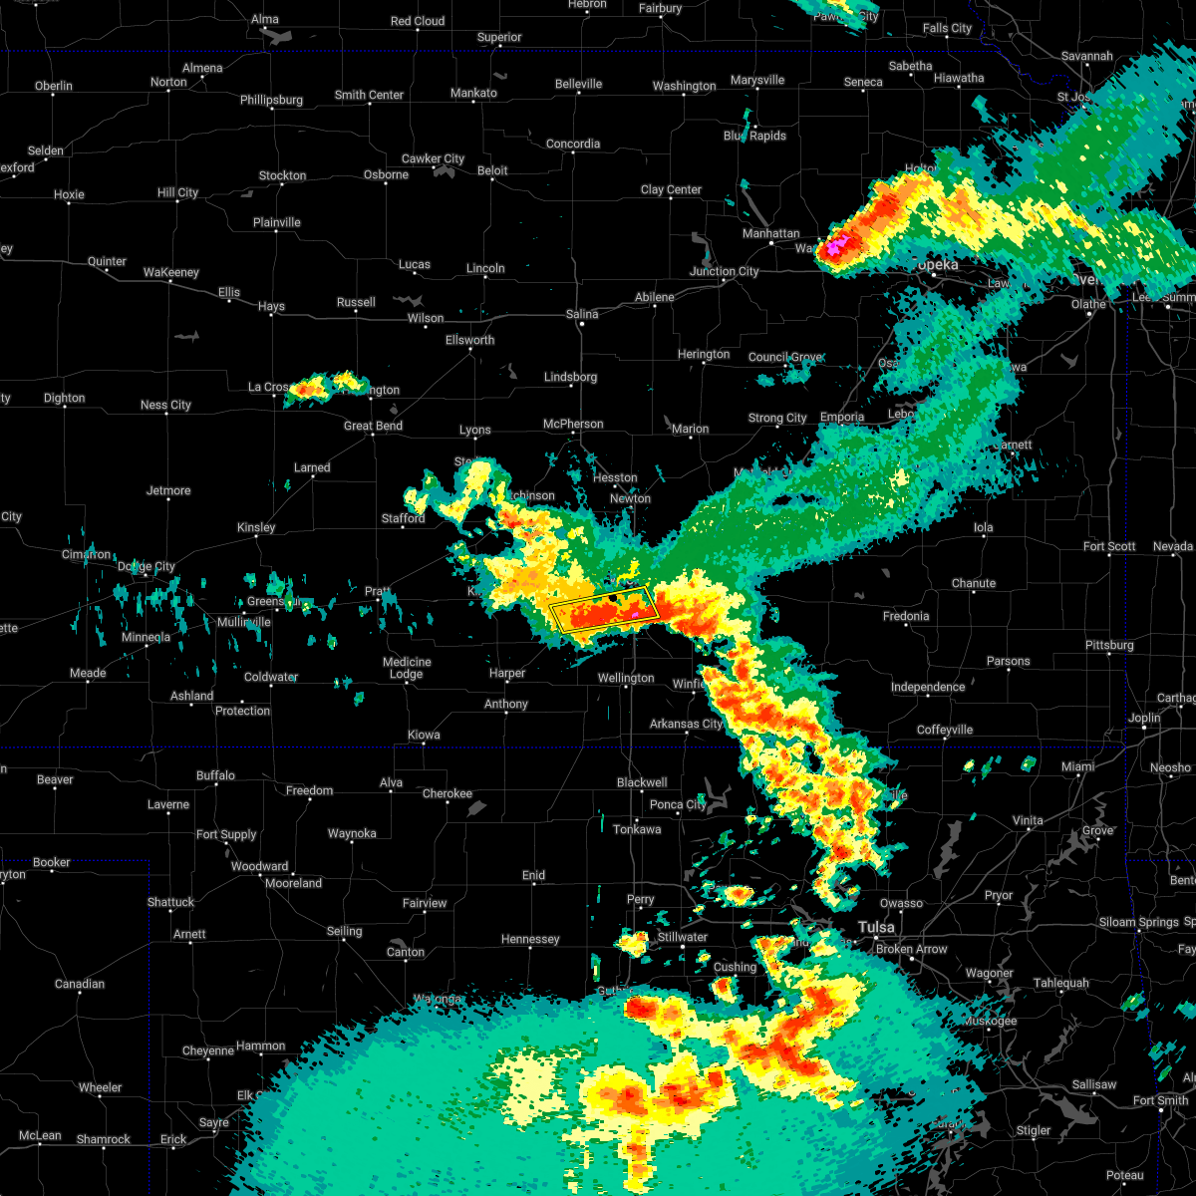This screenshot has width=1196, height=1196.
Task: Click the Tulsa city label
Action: pyautogui.click(x=877, y=927)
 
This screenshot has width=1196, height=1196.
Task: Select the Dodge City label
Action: pyautogui.click(x=147, y=567)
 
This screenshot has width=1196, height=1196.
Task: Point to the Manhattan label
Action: pyautogui.click(x=771, y=233)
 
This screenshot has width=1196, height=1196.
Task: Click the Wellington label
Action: pyautogui.click(x=626, y=678)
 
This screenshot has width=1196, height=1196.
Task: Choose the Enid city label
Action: pyautogui.click(x=534, y=875)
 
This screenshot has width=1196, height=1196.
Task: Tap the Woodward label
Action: pyautogui.click(x=259, y=866)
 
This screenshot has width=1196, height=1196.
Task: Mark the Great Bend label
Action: pyautogui.click(x=373, y=426)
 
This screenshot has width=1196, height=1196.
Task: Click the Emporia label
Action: pyautogui.click(x=842, y=418)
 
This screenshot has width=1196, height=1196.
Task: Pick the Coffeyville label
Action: pyautogui.click(x=945, y=730)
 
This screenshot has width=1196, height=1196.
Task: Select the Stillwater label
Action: pyautogui.click(x=683, y=937)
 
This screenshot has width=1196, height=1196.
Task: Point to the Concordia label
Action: pyautogui.click(x=573, y=144)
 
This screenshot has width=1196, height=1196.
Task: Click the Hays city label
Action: pyautogui.click(x=271, y=307)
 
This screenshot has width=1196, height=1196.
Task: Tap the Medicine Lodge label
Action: pyautogui.click(x=407, y=668)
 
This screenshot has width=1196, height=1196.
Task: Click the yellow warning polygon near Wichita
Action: pyautogui.click(x=603, y=609)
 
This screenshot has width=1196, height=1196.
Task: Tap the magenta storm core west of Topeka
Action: pyautogui.click(x=835, y=244)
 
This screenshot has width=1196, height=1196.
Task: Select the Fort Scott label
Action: pyautogui.click(x=1109, y=546)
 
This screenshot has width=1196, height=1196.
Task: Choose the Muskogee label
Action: pyautogui.click(x=990, y=1021)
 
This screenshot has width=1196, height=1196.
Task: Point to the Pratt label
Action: pyautogui.click(x=377, y=592)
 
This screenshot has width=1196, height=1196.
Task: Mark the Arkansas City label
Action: pyautogui.click(x=686, y=724)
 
